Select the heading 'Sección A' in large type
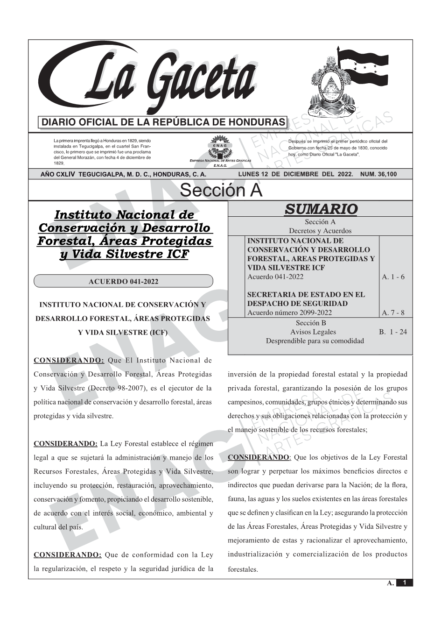(x=221, y=191)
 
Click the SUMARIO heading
(x=321, y=209)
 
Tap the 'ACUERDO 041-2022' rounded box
(x=123, y=281)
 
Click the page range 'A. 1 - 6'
(x=393, y=277)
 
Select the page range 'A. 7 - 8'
(x=393, y=313)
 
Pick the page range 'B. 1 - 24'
(x=392, y=332)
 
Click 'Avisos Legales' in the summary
(x=313, y=332)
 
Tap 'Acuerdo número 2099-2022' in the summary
(x=289, y=313)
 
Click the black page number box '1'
(x=405, y=582)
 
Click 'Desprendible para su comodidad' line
(x=315, y=341)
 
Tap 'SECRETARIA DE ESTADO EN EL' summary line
(x=306, y=295)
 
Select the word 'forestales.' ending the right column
(x=243, y=569)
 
